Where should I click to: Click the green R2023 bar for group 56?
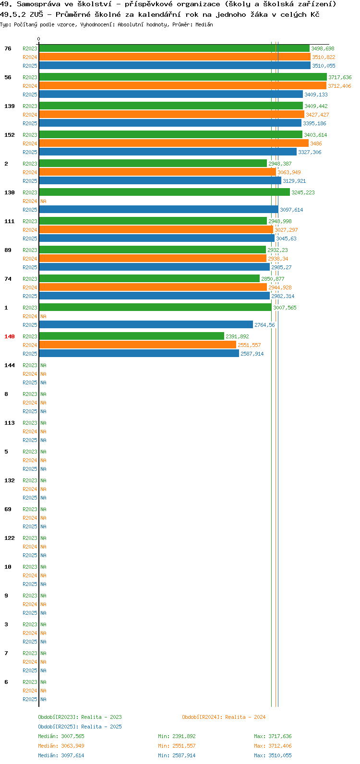pyautogui.click(x=183, y=77)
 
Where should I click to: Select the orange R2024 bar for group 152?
pyautogui.click(x=174, y=143)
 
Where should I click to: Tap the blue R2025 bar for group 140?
pyautogui.click(x=139, y=353)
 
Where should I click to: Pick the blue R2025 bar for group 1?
pyautogui.click(x=146, y=325)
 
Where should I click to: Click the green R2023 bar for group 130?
pyautogui.click(x=165, y=192)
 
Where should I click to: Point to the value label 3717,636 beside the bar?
pyautogui.click(x=340, y=77)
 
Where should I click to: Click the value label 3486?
pyautogui.click(x=316, y=143)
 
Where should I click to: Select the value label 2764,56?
pyautogui.click(x=264, y=325)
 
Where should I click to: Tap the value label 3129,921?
pyautogui.click(x=294, y=181)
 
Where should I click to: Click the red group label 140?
pyautogui.click(x=10, y=336)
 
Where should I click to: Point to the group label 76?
pyautogui.click(x=8, y=49)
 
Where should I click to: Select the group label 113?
pyautogui.click(x=10, y=423)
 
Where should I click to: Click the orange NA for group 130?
pyautogui.click(x=43, y=201)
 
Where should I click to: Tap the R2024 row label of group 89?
pyautogui.click(x=30, y=259)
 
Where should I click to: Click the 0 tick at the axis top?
pyautogui.click(x=38, y=39)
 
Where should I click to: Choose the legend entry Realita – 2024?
pyautogui.click(x=245, y=717)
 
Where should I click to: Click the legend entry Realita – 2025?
pyautogui.click(x=101, y=727)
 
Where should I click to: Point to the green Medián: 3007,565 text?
pyautogui.click(x=61, y=736)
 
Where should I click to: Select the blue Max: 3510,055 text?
pyautogui.click(x=273, y=755)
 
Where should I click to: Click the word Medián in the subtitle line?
pyautogui.click(x=204, y=24)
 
